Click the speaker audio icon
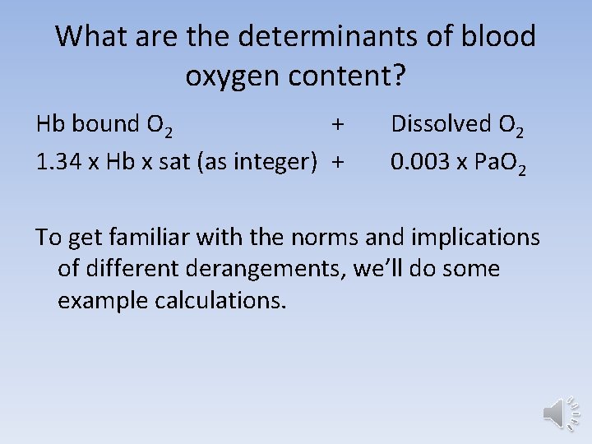[560, 412]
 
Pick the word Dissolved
[441, 124]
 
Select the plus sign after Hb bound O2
[337, 124]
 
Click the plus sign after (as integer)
[337, 162]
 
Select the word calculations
[221, 300]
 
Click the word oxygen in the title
[233, 76]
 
